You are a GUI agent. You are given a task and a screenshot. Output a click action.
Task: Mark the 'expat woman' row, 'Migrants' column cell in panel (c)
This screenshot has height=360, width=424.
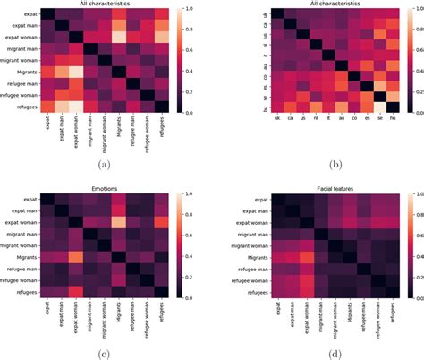(118, 222)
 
